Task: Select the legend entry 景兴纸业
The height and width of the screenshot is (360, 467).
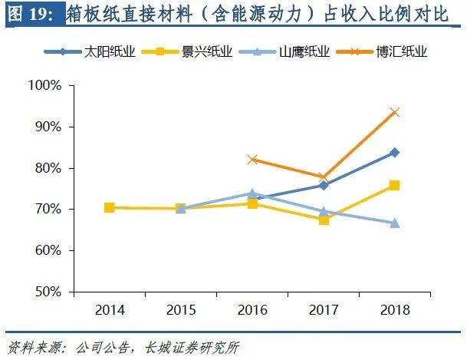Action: [x=187, y=51]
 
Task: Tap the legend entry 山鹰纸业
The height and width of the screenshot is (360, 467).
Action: [x=284, y=51]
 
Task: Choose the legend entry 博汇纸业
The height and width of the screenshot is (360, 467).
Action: [x=382, y=51]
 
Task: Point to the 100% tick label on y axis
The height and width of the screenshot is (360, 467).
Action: [x=44, y=85]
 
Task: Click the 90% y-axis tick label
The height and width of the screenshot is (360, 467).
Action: [x=48, y=127]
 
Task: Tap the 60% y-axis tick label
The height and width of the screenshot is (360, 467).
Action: [x=48, y=250]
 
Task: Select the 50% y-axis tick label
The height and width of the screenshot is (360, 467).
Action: [x=48, y=292]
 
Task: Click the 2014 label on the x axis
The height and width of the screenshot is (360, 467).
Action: [x=110, y=310]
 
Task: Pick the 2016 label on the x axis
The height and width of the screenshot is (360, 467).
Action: [x=252, y=310]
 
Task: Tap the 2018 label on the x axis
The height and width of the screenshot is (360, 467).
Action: [x=395, y=310]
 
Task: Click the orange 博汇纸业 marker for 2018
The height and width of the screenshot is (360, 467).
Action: [x=395, y=113]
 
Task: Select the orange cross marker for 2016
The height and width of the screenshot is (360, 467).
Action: [x=252, y=160]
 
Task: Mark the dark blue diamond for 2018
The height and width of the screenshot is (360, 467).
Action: [x=395, y=153]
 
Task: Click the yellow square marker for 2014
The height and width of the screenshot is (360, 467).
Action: [x=110, y=208]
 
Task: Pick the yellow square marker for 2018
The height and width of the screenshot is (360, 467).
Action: [x=395, y=185]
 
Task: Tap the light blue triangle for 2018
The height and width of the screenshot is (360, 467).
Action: [x=395, y=223]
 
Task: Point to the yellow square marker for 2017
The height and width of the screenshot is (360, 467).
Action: [x=324, y=220]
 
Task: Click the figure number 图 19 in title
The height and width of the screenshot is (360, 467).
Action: [x=31, y=14]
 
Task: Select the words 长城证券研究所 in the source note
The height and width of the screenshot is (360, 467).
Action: [x=192, y=348]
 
